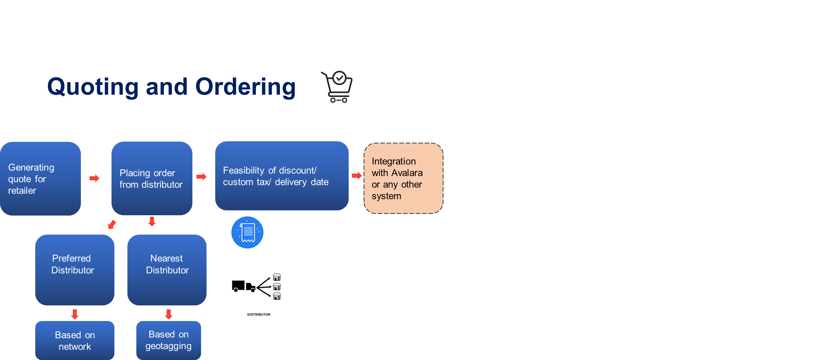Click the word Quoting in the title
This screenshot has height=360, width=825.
[93, 86]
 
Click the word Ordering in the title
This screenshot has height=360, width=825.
[245, 86]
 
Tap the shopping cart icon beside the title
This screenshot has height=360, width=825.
[339, 86]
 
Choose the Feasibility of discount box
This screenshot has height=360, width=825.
[282, 176]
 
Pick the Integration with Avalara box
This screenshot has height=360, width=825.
[403, 178]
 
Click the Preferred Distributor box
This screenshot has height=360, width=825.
[75, 269]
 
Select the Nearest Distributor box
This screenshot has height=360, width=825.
[167, 269]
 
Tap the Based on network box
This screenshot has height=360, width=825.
[75, 340]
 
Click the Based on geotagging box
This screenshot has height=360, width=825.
[168, 340]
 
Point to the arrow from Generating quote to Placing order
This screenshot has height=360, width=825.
[94, 178]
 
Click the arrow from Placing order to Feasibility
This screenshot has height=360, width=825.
[201, 177]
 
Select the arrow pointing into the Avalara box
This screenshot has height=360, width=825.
[356, 175]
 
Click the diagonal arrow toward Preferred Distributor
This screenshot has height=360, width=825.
[112, 224]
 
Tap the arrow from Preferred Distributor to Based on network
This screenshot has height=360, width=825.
[75, 314]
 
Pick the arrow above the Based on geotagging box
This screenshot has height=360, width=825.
[169, 314]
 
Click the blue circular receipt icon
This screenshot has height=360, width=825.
[247, 232]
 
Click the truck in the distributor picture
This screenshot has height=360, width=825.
[244, 286]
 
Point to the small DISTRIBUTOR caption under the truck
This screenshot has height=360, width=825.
[259, 315]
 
